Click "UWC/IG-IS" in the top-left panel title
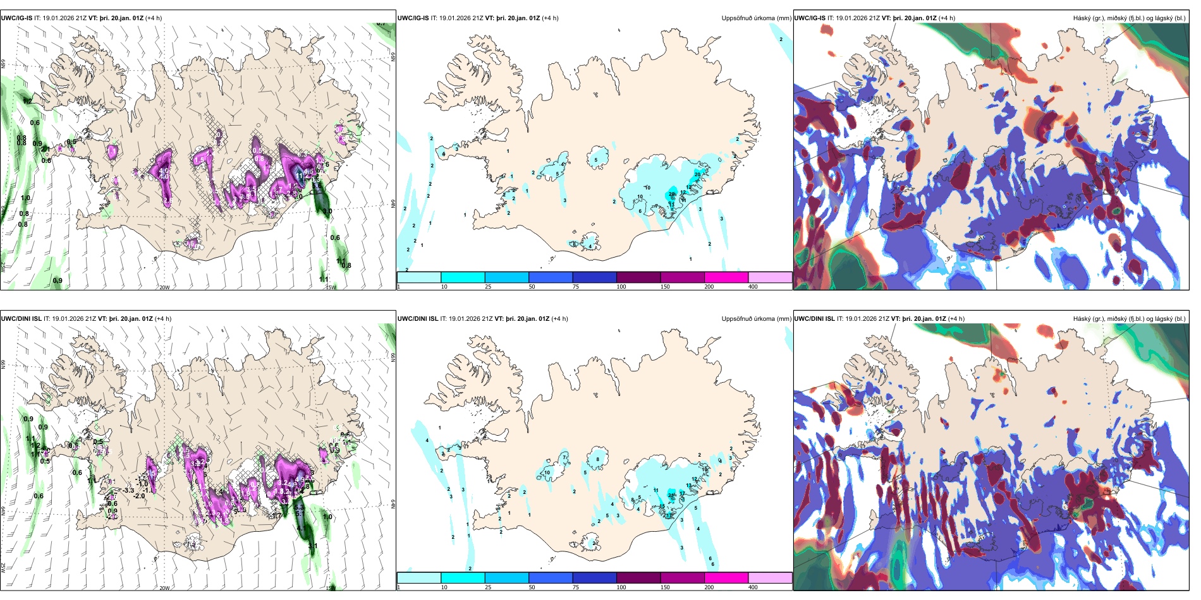pos(16,18)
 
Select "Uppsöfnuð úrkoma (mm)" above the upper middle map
pos(756,18)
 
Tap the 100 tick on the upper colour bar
pos(621,287)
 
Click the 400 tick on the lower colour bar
pos(753,587)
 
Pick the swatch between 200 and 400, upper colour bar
pos(770,277)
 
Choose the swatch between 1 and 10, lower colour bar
pos(418,578)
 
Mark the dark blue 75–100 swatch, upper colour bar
pos(594,277)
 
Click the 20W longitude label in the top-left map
pos(164,287)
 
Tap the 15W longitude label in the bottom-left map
pos(330,588)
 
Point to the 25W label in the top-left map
pos(3,267)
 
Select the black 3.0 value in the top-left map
pos(327,212)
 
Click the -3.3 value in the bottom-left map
pos(128,490)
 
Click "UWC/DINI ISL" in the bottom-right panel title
pos(814,319)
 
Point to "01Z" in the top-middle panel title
pos(533,18)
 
